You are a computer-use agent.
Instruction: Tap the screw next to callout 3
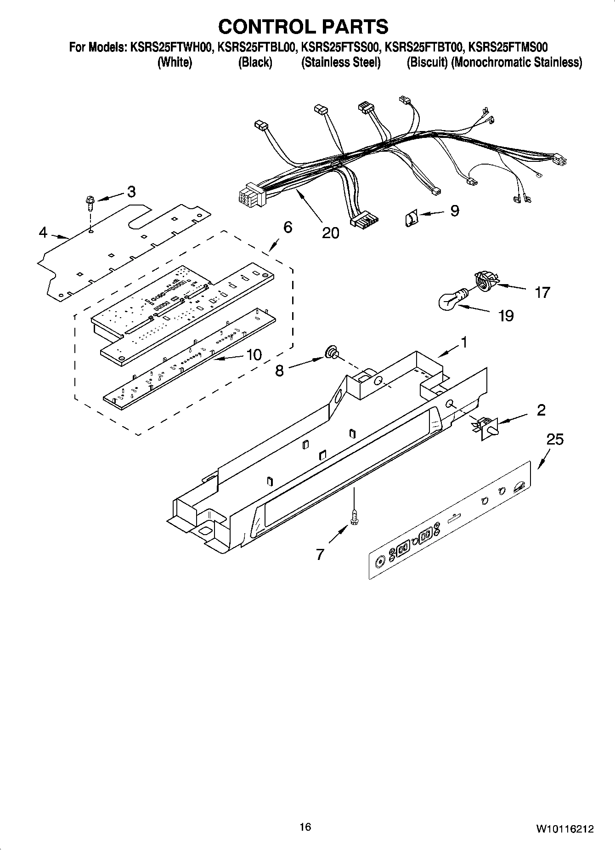pyautogui.click(x=90, y=203)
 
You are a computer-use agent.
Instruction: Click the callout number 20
pyautogui.click(x=330, y=233)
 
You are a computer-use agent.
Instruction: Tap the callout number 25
pyautogui.click(x=555, y=439)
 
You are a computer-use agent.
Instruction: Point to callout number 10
pyautogui.click(x=254, y=354)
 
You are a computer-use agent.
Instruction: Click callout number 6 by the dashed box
pyautogui.click(x=288, y=227)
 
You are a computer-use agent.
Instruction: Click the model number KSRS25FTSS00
pyautogui.click(x=340, y=47)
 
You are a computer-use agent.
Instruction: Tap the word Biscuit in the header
pyautogui.click(x=427, y=63)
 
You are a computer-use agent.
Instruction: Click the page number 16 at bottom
pyautogui.click(x=305, y=827)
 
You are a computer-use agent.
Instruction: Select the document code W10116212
pyautogui.click(x=564, y=829)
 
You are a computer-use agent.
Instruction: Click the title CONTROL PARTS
pyautogui.click(x=303, y=27)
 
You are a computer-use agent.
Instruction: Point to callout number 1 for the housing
pyautogui.click(x=464, y=342)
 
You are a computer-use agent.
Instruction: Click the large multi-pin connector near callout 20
pyautogui.click(x=250, y=195)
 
